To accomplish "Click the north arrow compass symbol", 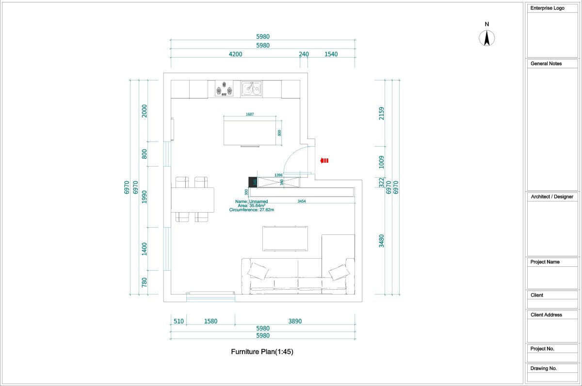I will tap(487, 38).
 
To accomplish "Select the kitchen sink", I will tap(252, 89).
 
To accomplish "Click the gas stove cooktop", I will tap(224, 89).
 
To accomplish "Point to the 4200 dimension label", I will tap(235, 54).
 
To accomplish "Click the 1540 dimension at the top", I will tap(331, 54).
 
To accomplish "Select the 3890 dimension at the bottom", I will tap(295, 321).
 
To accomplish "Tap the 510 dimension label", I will tap(178, 321).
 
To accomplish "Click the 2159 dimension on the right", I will tap(381, 113).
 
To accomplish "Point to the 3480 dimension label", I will tap(381, 241).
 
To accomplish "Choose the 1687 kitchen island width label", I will tap(250, 114).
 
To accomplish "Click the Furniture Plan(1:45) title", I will tap(262, 352).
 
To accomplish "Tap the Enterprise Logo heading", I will tap(547, 8).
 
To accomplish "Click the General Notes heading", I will tap(546, 63).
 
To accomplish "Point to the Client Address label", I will tap(546, 315).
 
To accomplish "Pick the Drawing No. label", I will tap(544, 369).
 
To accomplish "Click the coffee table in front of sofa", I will tap(285, 238).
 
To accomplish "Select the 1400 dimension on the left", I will tap(144, 249).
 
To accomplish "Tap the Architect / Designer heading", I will tap(551, 197).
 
